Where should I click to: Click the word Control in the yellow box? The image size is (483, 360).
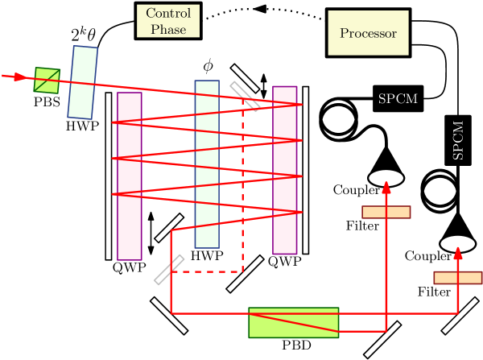point(168,14)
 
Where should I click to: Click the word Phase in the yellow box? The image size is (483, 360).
point(168,29)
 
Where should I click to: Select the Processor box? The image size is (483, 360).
point(368,33)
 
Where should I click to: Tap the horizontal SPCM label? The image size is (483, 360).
point(398,99)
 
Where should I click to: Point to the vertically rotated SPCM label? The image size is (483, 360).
point(458,140)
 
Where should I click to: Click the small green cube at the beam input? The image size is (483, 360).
point(47,80)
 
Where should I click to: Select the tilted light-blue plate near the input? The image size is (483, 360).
point(82,83)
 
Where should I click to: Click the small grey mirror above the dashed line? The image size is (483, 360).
point(245,96)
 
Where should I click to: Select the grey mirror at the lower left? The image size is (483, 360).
point(169,270)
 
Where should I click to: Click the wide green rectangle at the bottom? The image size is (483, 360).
point(293,322)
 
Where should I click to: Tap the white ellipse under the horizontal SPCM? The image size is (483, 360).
point(386,177)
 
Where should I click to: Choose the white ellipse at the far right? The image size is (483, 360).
point(458,242)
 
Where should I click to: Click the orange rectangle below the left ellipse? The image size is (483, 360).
point(386,212)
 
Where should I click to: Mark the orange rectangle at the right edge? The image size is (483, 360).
point(458,278)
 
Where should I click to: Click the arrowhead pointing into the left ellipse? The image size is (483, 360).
point(386,187)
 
